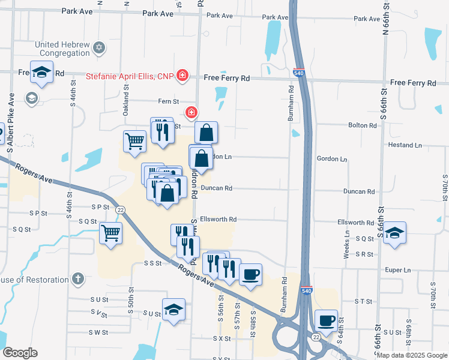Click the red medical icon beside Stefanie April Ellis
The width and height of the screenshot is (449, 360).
point(182,76)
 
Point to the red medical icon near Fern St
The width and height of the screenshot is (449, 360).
point(191,112)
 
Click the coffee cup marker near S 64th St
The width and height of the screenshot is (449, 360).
point(326,320)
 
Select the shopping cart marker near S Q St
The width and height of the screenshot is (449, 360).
point(110,232)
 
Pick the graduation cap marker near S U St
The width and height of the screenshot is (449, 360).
point(173,309)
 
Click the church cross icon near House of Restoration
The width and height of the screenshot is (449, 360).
point(77,278)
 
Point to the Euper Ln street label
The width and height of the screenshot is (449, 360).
point(399,270)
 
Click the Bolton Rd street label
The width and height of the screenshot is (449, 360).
point(365,125)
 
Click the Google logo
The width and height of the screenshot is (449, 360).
point(20,353)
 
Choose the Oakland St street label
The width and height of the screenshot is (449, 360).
point(127,96)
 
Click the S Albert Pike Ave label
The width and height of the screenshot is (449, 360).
point(11,118)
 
